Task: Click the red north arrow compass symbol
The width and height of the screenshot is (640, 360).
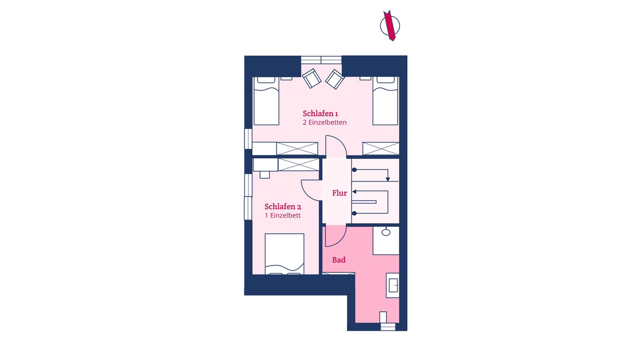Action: pos(390,25)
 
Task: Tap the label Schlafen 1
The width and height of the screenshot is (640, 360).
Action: pos(320,113)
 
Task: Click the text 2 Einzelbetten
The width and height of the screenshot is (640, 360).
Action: pos(324,122)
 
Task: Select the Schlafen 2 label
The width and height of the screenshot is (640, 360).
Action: pos(282,206)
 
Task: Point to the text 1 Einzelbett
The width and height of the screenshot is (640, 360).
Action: pos(282,215)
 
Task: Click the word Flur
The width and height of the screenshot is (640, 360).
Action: pos(339,193)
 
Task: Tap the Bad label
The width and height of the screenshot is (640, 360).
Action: pos(338,260)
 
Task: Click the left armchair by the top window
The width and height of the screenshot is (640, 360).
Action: pos(311,78)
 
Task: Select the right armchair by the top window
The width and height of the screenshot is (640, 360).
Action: pos(335,79)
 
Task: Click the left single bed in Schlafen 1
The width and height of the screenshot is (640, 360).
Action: pos(266,101)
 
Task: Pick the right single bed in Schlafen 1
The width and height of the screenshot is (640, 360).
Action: pos(385,101)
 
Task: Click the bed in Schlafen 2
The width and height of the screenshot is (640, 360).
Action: pos(284,254)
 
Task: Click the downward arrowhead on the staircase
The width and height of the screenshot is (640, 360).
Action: pos(387,179)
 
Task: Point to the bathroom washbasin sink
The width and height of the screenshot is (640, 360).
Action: pos(393,285)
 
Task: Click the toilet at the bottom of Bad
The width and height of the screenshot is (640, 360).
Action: pos(383,317)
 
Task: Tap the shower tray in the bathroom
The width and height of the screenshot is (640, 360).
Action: pos(385,240)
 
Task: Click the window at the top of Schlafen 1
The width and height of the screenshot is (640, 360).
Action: pos(321,60)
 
